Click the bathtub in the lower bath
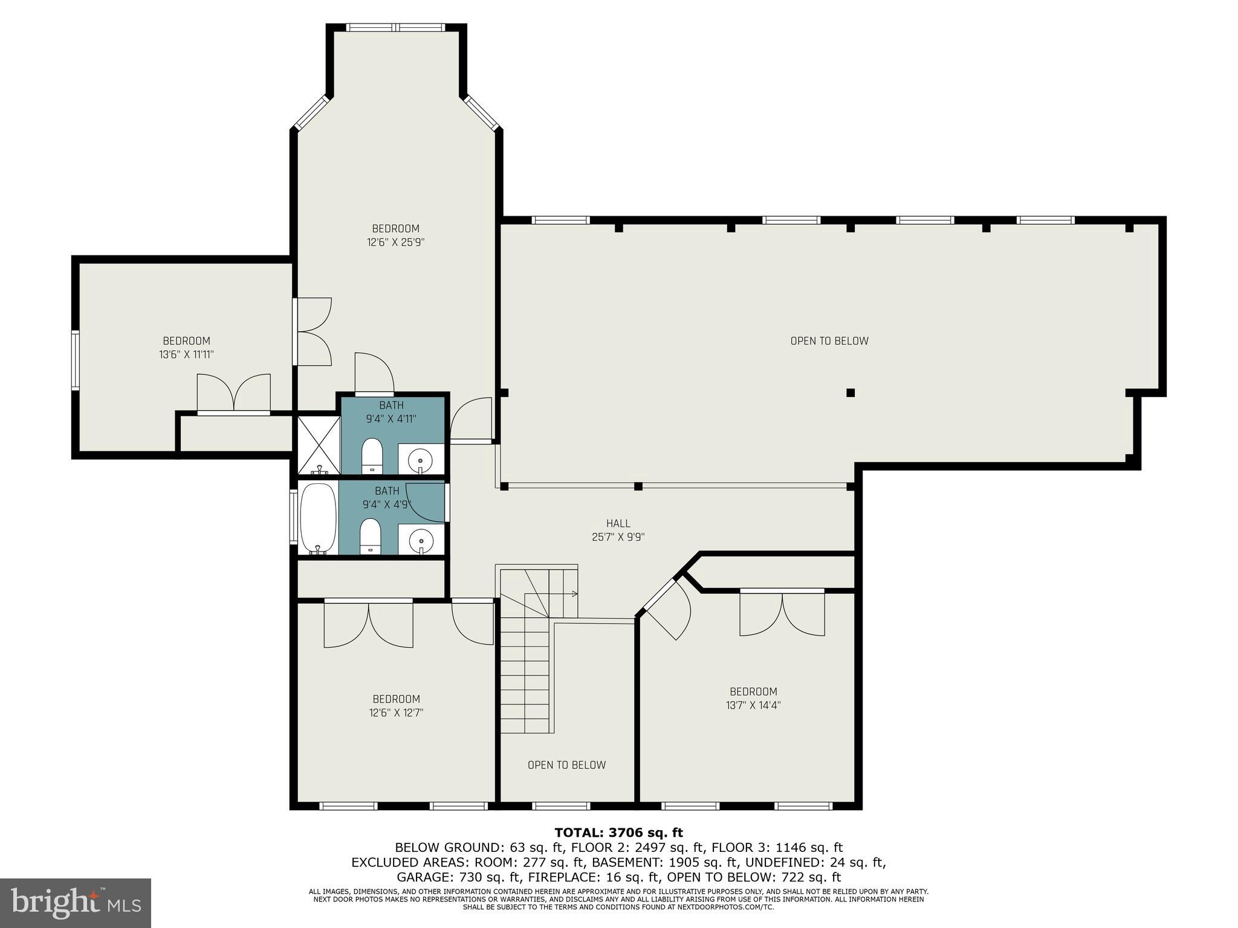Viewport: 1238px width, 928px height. [x=318, y=518]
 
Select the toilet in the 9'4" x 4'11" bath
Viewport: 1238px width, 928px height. [x=371, y=456]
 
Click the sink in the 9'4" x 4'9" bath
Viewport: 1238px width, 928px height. [x=421, y=538]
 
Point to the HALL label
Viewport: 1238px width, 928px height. [x=618, y=524]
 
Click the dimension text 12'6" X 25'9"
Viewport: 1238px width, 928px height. [x=395, y=242]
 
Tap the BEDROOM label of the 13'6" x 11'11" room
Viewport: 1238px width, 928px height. [x=186, y=341]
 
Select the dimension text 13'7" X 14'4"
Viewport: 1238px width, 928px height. [x=753, y=705]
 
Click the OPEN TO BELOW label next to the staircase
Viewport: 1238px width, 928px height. [x=566, y=765]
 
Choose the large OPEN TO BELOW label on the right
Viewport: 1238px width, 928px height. [x=829, y=341]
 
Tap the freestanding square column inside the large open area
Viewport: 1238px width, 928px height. [x=850, y=393]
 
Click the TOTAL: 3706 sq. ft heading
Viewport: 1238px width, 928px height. [x=618, y=833]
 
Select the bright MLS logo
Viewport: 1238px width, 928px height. [x=76, y=903]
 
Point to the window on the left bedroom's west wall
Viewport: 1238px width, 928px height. [x=75, y=360]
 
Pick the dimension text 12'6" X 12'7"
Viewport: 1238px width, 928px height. [x=396, y=713]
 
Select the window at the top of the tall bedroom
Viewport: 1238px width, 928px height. [x=395, y=28]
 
